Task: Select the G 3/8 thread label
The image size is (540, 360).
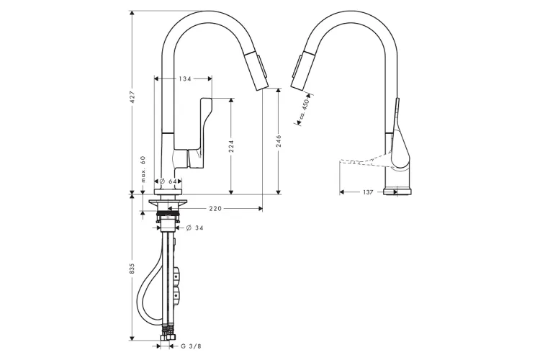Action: click(191, 346)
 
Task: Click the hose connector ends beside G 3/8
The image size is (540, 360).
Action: click(170, 335)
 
